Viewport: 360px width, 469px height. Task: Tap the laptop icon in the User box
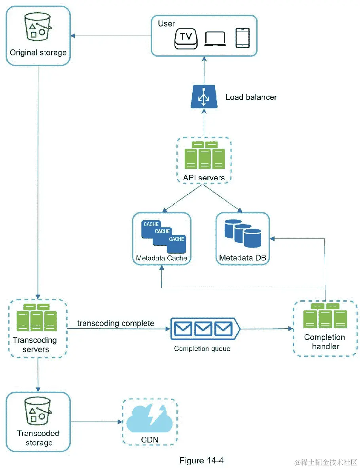[215, 39]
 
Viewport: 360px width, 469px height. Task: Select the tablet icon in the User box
[243, 38]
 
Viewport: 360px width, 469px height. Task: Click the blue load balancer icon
[204, 97]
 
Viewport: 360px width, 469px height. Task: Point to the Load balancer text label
[251, 97]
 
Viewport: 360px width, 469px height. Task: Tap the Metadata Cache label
[161, 258]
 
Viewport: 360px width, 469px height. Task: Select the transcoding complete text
[116, 323]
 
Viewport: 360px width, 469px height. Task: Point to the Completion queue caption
[202, 348]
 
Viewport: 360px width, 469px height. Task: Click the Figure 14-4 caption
[202, 460]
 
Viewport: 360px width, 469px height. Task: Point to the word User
[166, 23]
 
